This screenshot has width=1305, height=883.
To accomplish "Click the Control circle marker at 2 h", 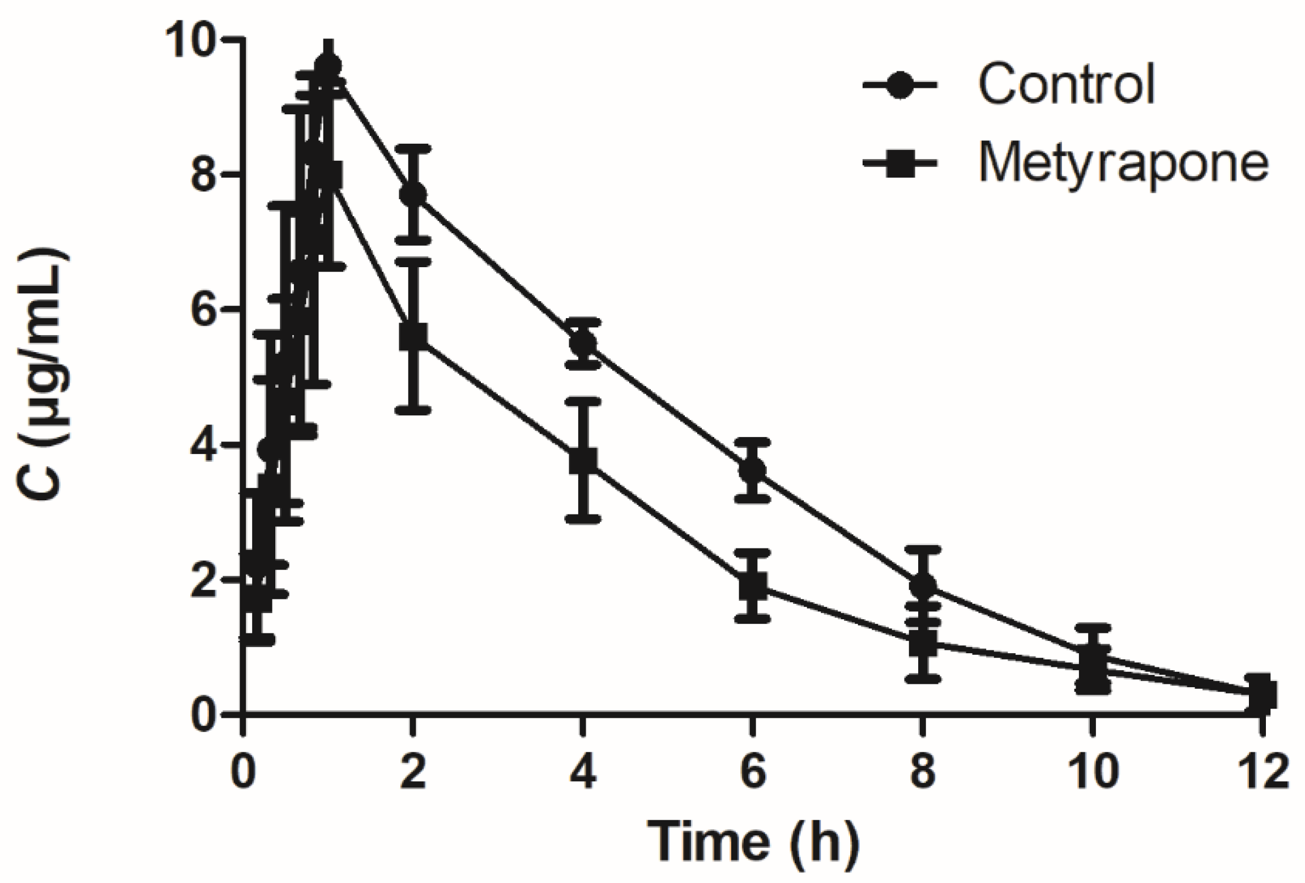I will click(413, 194).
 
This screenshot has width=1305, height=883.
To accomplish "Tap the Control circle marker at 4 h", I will click(583, 343).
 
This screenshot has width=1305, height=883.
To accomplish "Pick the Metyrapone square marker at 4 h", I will click(583, 460).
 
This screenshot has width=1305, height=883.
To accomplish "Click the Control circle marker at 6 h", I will click(753, 470).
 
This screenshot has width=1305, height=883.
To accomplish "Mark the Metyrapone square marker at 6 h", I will click(753, 586).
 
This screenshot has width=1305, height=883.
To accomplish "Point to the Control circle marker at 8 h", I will click(923, 584).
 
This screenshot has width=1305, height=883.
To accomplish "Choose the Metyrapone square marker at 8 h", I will click(923, 644).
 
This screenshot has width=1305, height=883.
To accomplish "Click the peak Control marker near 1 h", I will click(328, 66).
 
